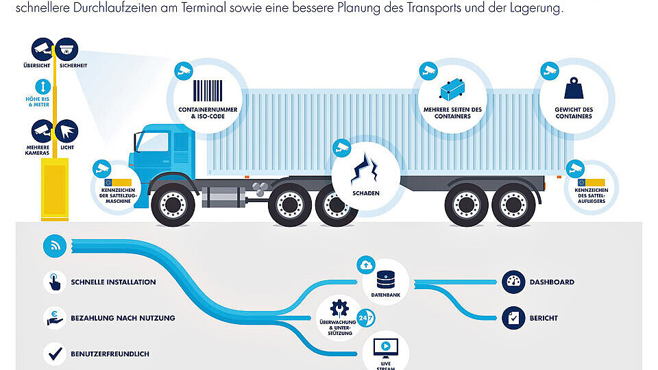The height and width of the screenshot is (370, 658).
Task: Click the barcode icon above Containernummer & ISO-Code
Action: [208, 90]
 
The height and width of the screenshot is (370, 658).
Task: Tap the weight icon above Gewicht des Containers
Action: [574, 88]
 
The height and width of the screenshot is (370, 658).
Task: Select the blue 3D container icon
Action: [452, 89]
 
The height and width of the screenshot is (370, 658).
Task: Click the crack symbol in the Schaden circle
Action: [365, 169]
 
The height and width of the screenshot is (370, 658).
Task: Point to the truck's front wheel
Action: [173, 205]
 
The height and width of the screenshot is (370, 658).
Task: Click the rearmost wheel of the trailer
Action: [513, 205]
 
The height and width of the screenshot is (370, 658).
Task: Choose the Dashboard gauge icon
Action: [513, 282]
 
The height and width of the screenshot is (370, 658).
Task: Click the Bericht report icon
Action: [513, 318]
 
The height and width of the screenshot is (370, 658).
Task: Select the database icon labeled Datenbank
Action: [386, 280]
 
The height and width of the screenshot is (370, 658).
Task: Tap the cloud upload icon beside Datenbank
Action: [366, 265]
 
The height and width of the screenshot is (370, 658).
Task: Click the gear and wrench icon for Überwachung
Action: [339, 308]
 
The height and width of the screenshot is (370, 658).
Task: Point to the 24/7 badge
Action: [365, 318]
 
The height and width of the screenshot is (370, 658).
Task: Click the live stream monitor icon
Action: [386, 348]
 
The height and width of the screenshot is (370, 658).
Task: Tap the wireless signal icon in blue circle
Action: [55, 246]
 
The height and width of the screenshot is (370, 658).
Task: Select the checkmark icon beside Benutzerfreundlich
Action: [55, 354]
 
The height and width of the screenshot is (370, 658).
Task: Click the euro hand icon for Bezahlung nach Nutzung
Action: [55, 318]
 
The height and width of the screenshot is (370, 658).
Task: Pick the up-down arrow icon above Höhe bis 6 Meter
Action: [42, 87]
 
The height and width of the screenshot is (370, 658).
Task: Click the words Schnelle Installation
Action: [113, 282]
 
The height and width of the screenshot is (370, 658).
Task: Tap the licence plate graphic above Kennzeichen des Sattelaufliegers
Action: [591, 182]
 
